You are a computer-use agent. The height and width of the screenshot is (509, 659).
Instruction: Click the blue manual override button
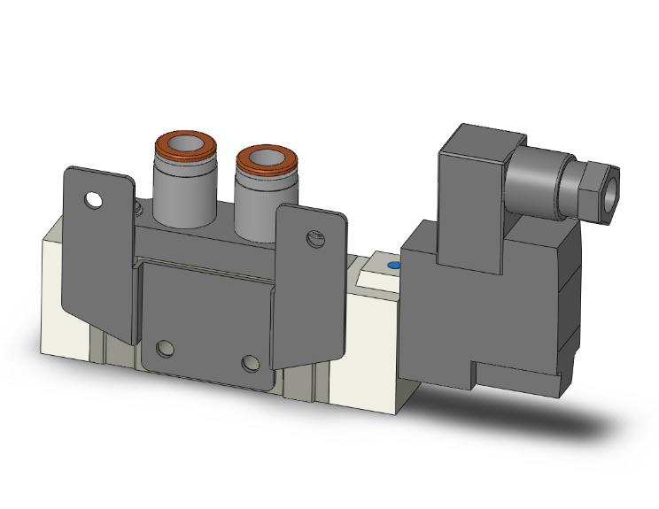click(393, 265)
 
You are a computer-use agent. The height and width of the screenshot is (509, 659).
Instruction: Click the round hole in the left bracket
click(93, 199)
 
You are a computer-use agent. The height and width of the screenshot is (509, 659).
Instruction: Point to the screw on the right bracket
click(311, 237)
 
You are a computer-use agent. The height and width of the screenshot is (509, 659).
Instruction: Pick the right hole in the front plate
click(252, 363)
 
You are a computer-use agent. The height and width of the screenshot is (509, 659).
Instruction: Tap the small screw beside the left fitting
click(140, 209)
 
